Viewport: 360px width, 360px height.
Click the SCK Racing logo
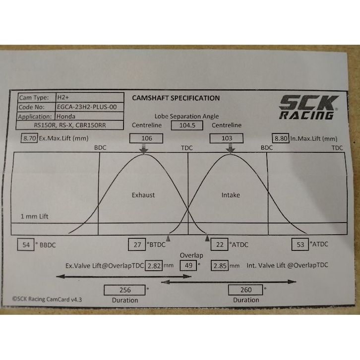pyautogui.click(x=307, y=107)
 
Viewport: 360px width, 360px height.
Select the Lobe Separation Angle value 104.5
pyautogui.click(x=187, y=125)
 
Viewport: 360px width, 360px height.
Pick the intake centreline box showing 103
pyautogui.click(x=227, y=137)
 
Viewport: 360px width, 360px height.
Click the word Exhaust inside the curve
pyautogui.click(x=143, y=195)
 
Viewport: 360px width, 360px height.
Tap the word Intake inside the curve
pyautogui.click(x=230, y=195)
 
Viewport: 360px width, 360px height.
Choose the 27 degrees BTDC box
pyautogui.click(x=136, y=244)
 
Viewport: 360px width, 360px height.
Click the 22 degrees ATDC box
pyautogui.click(x=219, y=244)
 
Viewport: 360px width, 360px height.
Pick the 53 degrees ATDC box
pyautogui.click(x=300, y=244)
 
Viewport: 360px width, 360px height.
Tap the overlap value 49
pyautogui.click(x=187, y=265)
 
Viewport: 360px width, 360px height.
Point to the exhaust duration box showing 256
pyautogui.click(x=124, y=290)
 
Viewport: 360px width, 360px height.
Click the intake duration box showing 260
pyautogui.click(x=245, y=290)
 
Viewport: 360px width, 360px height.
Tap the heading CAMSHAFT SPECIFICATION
pyautogui.click(x=176, y=98)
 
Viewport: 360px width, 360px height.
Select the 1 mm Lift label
pyautogui.click(x=34, y=217)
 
